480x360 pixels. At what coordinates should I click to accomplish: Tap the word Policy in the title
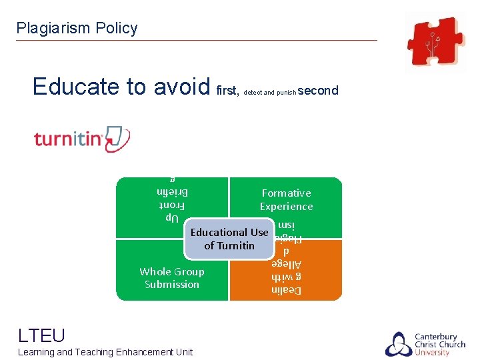pyautogui.click(x=117, y=28)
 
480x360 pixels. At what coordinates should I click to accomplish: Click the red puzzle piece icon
pyautogui.click(x=436, y=42)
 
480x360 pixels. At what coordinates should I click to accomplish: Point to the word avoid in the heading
pyautogui.click(x=182, y=87)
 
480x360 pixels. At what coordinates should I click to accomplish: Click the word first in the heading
pyautogui.click(x=227, y=91)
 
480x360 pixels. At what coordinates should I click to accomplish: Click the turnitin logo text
pyautogui.click(x=67, y=139)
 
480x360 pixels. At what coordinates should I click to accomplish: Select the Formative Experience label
pyautogui.click(x=286, y=200)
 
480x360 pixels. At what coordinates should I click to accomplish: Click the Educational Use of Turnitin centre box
pyautogui.click(x=229, y=239)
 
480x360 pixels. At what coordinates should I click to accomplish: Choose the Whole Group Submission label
pyautogui.click(x=172, y=278)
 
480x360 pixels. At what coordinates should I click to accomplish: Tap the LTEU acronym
pyautogui.click(x=41, y=335)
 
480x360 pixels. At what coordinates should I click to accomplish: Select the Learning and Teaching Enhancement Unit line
pyautogui.click(x=105, y=352)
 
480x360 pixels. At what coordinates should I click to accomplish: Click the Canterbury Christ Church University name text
pyautogui.click(x=441, y=344)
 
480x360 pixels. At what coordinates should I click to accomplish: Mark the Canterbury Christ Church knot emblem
pyautogui.click(x=398, y=343)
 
